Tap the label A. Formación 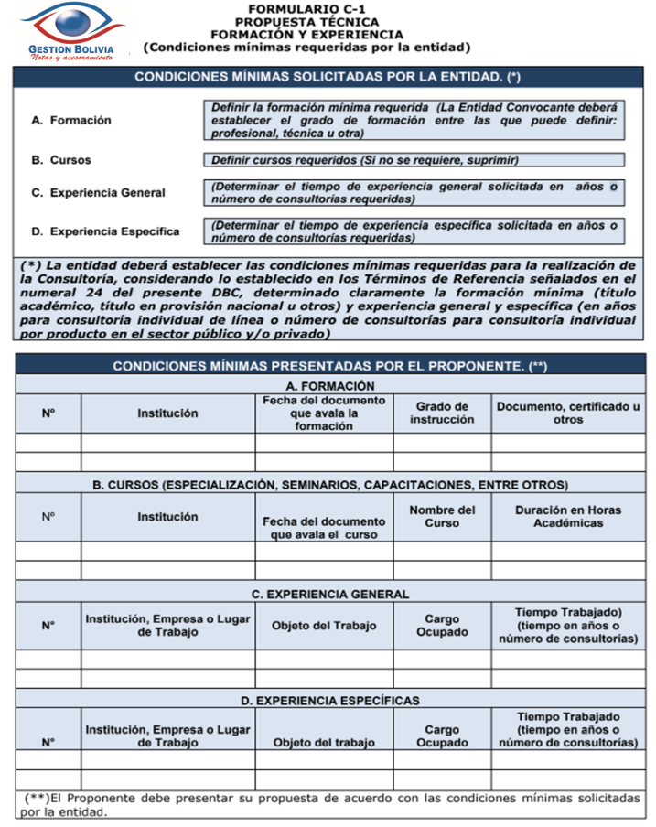tap(70, 120)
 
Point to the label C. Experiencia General tap(98, 192)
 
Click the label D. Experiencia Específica tap(104, 231)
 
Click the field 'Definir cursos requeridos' tap(414, 160)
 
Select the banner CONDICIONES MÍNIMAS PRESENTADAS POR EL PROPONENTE tap(329, 366)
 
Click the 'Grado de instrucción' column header tap(442, 413)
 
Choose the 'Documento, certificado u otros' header tap(568, 413)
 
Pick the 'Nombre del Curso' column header tap(442, 516)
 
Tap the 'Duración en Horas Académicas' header tap(568, 516)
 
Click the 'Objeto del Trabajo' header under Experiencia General tap(324, 626)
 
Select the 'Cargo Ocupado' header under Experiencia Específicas tap(442, 736)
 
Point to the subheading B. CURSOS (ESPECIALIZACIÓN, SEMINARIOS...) tap(329, 484)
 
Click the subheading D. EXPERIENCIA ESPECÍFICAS tap(329, 701)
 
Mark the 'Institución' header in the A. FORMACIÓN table tap(167, 413)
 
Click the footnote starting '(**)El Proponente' tap(329, 804)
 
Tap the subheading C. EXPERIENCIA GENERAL tap(329, 594)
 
